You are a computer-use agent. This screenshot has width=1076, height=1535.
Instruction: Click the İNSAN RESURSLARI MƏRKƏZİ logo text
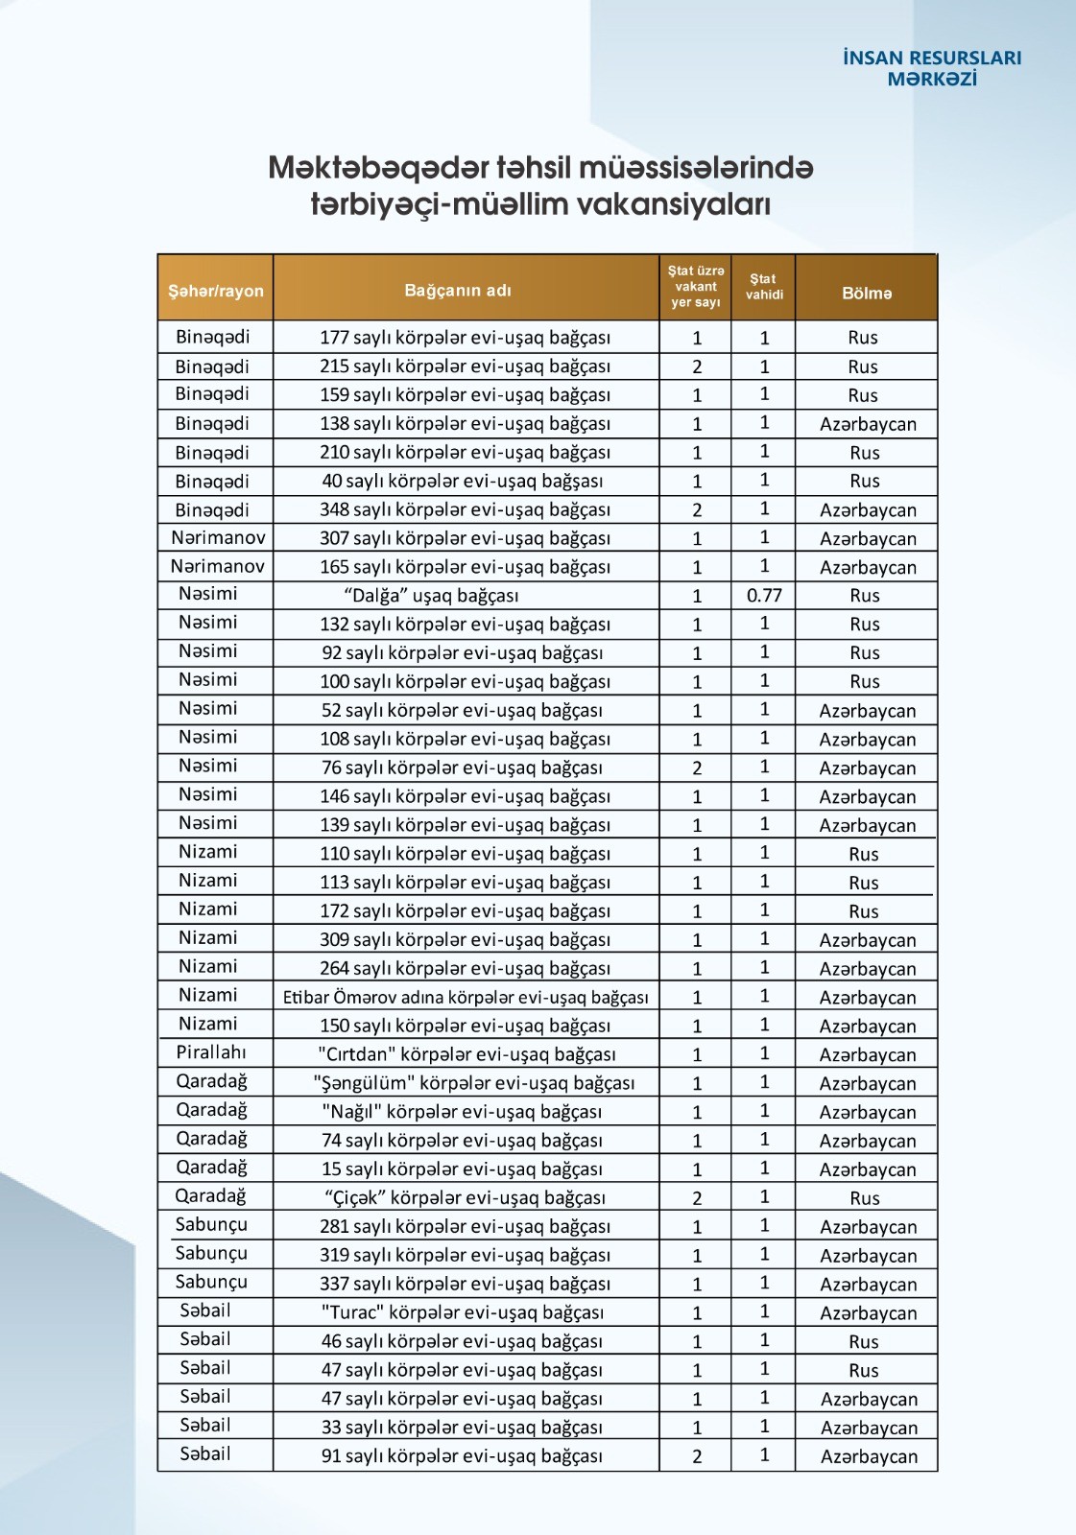point(931,68)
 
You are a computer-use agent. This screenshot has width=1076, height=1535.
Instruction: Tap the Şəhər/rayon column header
point(216,291)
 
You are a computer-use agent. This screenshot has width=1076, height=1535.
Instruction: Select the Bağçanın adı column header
point(458,291)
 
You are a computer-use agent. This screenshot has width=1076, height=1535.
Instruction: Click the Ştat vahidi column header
point(764,287)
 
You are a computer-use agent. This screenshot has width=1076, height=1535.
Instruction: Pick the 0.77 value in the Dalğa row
point(764,596)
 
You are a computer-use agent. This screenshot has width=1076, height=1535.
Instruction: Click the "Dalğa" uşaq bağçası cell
point(431,596)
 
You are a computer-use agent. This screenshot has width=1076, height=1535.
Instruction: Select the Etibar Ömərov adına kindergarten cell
point(466,998)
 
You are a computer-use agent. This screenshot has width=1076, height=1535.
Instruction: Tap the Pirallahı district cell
point(211,1052)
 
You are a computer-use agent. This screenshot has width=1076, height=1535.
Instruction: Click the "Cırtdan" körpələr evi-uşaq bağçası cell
point(466,1054)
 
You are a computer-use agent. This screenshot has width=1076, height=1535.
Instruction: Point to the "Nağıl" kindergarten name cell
point(462,1112)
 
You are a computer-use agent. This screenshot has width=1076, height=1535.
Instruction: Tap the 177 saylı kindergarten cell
point(465,338)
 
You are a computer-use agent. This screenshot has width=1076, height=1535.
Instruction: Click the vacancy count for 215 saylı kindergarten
point(697,366)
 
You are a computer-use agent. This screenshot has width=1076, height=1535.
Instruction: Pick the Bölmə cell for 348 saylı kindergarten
point(868,510)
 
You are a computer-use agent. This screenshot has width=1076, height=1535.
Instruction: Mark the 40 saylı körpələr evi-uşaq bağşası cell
point(463,481)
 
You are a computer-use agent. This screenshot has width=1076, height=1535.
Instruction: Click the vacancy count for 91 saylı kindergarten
point(697,1456)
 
